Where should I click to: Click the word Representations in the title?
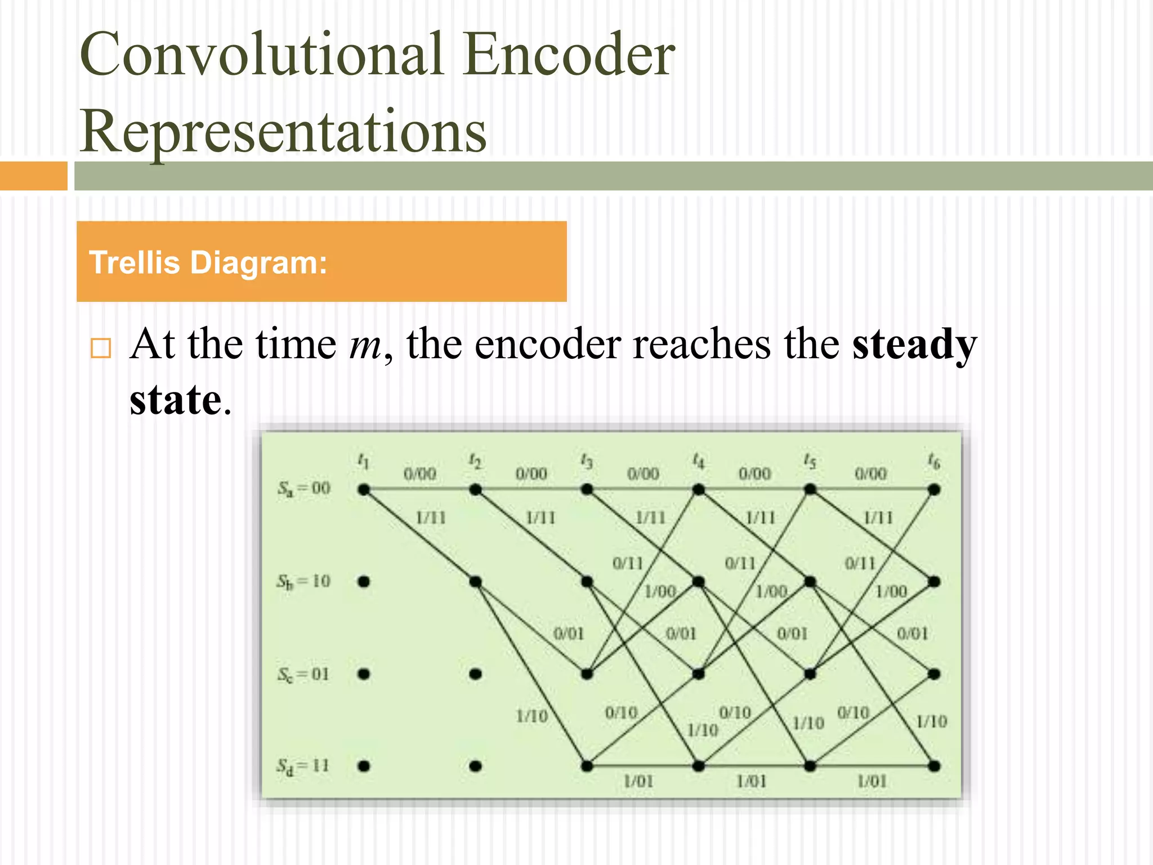(x=283, y=131)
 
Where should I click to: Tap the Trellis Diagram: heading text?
(x=208, y=262)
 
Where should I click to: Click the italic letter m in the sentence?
(x=365, y=345)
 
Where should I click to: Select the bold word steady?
(x=914, y=345)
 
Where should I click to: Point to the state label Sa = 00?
(x=303, y=488)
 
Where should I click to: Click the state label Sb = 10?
(x=303, y=581)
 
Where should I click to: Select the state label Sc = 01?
(x=303, y=674)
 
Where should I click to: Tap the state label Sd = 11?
(x=302, y=766)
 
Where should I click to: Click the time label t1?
(x=364, y=462)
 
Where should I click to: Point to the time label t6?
(x=934, y=462)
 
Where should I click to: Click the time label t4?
(x=698, y=462)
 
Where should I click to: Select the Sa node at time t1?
(x=364, y=490)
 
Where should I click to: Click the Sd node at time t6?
(x=934, y=766)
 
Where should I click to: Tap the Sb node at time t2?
(x=475, y=582)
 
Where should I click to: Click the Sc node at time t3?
(x=587, y=674)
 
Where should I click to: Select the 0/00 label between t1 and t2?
(x=420, y=474)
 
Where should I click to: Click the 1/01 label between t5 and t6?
(x=872, y=781)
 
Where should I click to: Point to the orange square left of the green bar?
(x=33, y=176)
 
